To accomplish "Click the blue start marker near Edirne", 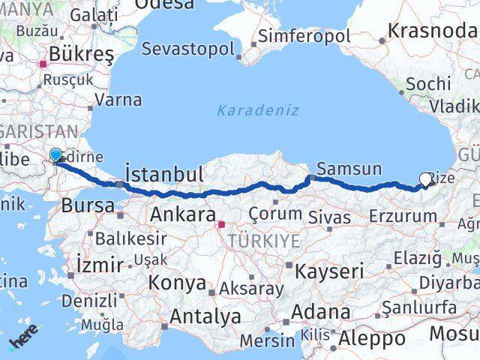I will click(55, 155).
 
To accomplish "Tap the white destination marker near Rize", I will click(426, 179).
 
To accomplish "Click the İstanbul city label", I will click(164, 175).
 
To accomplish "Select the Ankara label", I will click(183, 214).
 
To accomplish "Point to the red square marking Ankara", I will click(221, 223).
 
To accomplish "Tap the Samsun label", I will click(349, 169).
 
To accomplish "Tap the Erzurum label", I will click(402, 216).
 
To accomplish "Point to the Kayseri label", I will click(329, 270).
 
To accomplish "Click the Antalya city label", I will click(205, 316).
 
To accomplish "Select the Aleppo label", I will click(371, 339).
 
